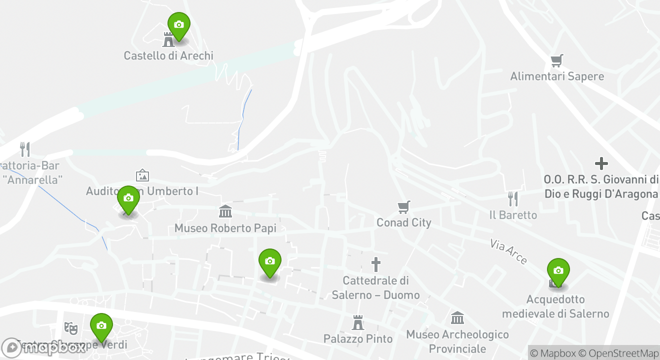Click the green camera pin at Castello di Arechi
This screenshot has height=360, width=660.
click(178, 25)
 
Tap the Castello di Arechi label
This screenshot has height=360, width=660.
click(168, 55)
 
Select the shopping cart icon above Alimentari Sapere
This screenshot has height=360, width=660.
click(557, 61)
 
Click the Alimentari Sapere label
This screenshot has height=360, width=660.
click(557, 76)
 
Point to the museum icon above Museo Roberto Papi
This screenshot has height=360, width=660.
click(225, 211)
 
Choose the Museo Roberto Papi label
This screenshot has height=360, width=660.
click(225, 228)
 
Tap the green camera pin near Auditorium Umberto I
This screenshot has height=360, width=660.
click(128, 198)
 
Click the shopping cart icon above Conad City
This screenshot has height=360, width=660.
click(404, 207)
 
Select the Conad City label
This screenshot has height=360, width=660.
click(404, 222)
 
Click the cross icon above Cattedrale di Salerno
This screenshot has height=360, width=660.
click(376, 264)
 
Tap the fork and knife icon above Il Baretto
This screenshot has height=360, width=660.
click(513, 199)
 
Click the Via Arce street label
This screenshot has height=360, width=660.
click(508, 251)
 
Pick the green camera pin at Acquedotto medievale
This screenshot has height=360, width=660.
click(558, 271)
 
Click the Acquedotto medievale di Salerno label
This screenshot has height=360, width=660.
click(555, 306)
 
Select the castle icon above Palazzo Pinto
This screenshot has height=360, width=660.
click(358, 322)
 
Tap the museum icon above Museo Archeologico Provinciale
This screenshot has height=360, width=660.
click(457, 318)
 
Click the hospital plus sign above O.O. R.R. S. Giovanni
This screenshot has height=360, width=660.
click(601, 163)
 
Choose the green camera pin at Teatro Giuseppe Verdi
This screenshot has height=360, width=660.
click(101, 326)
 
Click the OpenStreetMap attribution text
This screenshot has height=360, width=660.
click(623, 353)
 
